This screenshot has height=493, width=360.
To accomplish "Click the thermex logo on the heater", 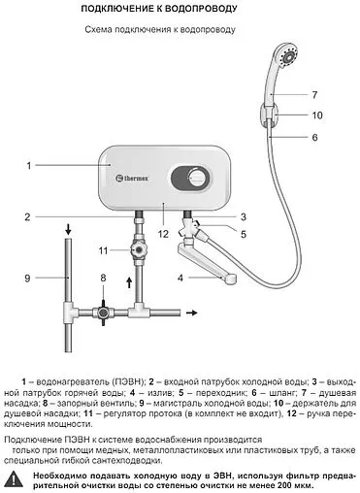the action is pyautogui.click(x=132, y=178).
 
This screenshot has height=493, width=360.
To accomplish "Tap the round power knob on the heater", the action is pyautogui.click(x=196, y=179).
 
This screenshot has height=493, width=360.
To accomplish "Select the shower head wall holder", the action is pyautogui.click(x=269, y=115).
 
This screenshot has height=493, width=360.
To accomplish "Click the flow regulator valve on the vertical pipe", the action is pyautogui.click(x=140, y=250).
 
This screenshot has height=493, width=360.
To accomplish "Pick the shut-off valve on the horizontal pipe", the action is pyautogui.click(x=103, y=312).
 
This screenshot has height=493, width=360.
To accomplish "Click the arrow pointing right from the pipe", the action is pyautogui.click(x=192, y=312).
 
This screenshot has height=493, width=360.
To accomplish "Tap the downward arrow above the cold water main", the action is pyautogui.click(x=68, y=230).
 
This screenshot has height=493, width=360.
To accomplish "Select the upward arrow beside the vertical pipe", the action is pyautogui.click(x=129, y=282).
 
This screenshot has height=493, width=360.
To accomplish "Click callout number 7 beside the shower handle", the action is pyautogui.click(x=314, y=95).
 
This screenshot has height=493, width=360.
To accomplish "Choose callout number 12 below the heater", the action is pyautogui.click(x=163, y=234).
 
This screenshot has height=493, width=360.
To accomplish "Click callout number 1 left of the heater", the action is pyautogui.click(x=29, y=166).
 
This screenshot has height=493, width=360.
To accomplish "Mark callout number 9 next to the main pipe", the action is pyautogui.click(x=27, y=279).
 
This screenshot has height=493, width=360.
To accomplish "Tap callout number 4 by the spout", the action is pyautogui.click(x=180, y=278).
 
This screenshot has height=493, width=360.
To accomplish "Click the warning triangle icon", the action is pyautogui.click(x=14, y=478).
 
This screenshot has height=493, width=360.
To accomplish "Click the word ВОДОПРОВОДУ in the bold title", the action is pyautogui.click(x=201, y=9).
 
